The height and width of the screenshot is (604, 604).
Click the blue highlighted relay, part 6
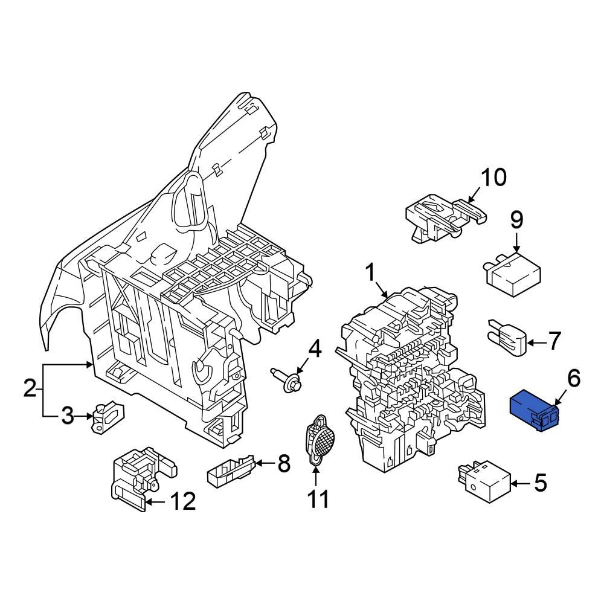[x=535, y=411]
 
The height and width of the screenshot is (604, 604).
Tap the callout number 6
[x=573, y=379]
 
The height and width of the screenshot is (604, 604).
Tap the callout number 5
[x=540, y=483]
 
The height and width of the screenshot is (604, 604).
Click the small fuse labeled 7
[x=506, y=338]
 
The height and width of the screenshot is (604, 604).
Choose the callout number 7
[x=554, y=342]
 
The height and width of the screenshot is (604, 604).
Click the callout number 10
[x=493, y=178]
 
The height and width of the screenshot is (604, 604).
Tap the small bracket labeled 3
[x=107, y=417]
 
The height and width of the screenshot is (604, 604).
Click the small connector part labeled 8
[x=230, y=470]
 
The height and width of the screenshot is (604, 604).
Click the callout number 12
[x=182, y=501]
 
